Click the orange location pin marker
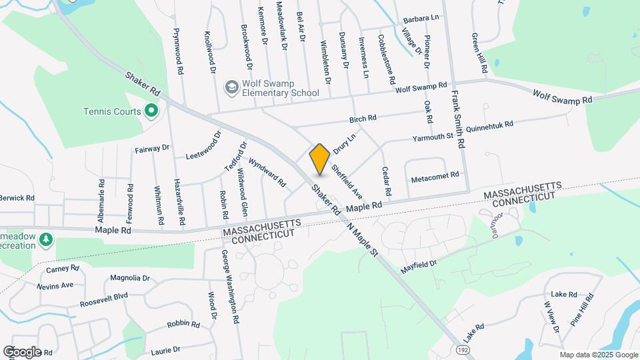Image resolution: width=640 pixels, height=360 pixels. coord(320,159)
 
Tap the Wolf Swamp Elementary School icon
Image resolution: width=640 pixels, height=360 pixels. coord(231,87)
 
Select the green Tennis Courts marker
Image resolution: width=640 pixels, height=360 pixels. coord(151,111)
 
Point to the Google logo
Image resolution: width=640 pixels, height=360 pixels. coord(22,351)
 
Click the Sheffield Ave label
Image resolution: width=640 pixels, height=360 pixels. coord(346,182)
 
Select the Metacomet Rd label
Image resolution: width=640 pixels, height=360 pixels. coord(435,175)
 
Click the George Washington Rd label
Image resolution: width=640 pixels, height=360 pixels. coord(231,286)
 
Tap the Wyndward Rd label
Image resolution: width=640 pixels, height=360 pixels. coord(267,172)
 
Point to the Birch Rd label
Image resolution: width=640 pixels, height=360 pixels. coord(363,118)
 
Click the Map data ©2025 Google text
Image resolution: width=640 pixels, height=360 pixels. coord(599,355)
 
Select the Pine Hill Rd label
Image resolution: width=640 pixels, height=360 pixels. coord(581,309)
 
